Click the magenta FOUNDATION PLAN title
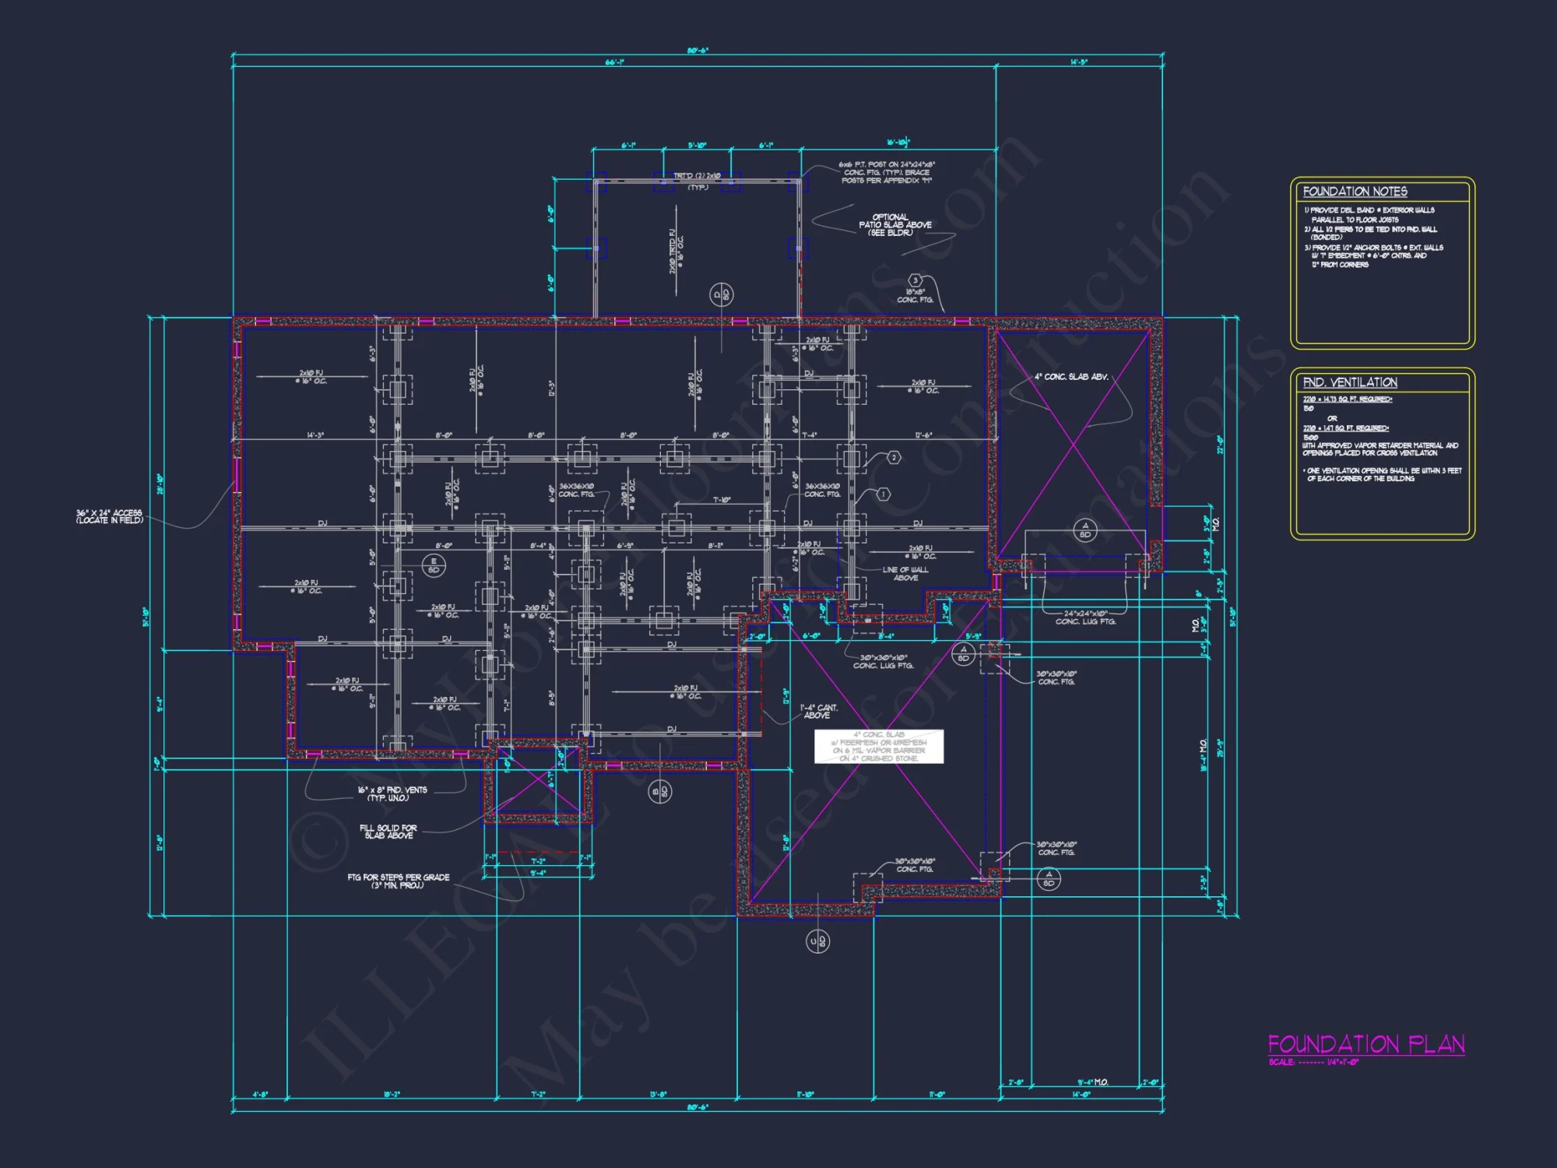1366,1044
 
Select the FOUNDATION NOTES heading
1355,192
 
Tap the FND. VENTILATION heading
1350,382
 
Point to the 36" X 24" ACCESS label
109,517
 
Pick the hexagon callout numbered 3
916,280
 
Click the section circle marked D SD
722,294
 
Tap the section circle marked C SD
817,941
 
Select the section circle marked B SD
659,792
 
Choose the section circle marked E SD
434,565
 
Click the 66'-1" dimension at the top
614,62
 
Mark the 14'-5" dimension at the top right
1078,62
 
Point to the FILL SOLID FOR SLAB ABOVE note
388,832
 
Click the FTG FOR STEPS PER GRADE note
399,881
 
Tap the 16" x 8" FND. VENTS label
392,793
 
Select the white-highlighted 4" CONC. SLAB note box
879,746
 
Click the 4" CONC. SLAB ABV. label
1071,377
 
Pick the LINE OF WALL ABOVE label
905,574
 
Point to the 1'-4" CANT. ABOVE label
818,711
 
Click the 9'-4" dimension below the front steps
538,873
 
